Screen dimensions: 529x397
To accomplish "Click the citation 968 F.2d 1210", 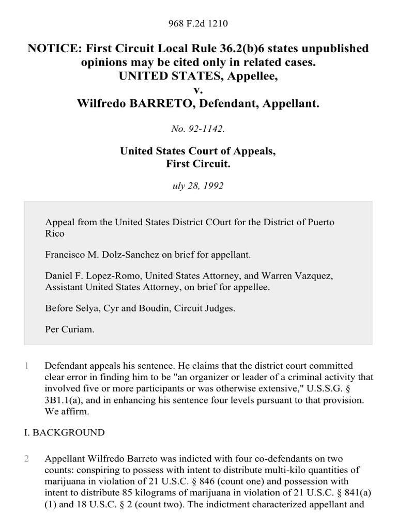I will point(198,24).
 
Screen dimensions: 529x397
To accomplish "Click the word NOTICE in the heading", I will point(51,49).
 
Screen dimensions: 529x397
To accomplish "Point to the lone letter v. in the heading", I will point(198,90).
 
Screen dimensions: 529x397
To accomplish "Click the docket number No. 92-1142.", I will point(198,129).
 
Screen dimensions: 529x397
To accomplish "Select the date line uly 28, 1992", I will point(198,185).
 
